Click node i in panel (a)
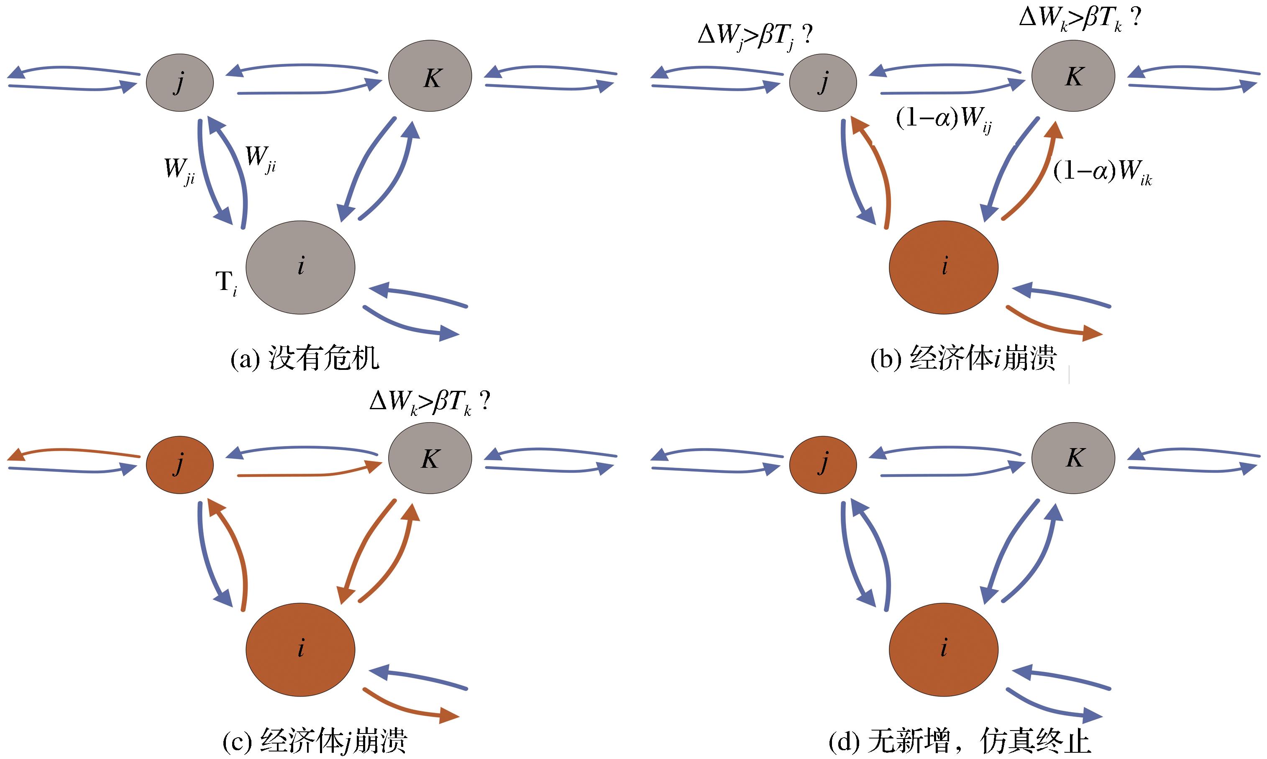pyautogui.click(x=301, y=267)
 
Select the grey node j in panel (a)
pyautogui.click(x=179, y=82)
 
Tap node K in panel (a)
pyautogui.click(x=430, y=76)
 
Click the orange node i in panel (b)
pyautogui.click(x=944, y=267)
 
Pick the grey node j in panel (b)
pyautogui.click(x=823, y=82)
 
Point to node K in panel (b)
pyautogui.click(x=1073, y=76)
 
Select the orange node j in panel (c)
pyautogui.click(x=179, y=464)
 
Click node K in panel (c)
pyautogui.click(x=430, y=458)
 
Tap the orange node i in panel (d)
pyautogui.click(x=944, y=649)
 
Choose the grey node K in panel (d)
pyautogui.click(x=1073, y=458)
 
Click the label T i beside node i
pyautogui.click(x=226, y=283)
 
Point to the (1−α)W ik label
pyautogui.click(x=1102, y=172)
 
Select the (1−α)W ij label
pyautogui.click(x=944, y=120)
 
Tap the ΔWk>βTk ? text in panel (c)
pyautogui.click(x=430, y=403)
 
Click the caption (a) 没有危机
pyautogui.click(x=305, y=359)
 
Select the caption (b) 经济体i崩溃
pyautogui.click(x=963, y=359)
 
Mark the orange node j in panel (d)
pyautogui.click(x=823, y=464)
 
